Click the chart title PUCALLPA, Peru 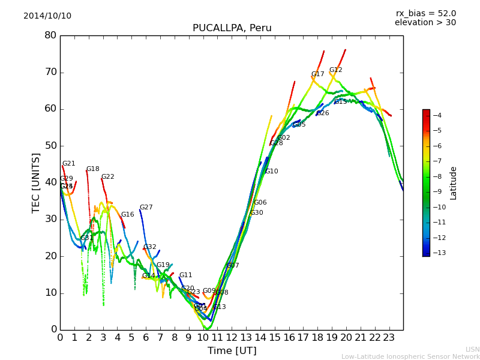232,28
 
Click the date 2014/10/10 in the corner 47,16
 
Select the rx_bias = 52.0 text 425,13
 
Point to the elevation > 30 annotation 425,23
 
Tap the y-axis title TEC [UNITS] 36,182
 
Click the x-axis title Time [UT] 232,351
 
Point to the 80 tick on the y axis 50,35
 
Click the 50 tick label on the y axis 50,146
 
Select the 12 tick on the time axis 232,337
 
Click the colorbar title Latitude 454,183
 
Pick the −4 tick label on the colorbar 437,115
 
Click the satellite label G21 69,164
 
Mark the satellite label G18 93,169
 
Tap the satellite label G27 146,208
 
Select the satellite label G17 317,74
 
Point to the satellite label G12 335,70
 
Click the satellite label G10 271,172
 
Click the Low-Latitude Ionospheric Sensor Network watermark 410,356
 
